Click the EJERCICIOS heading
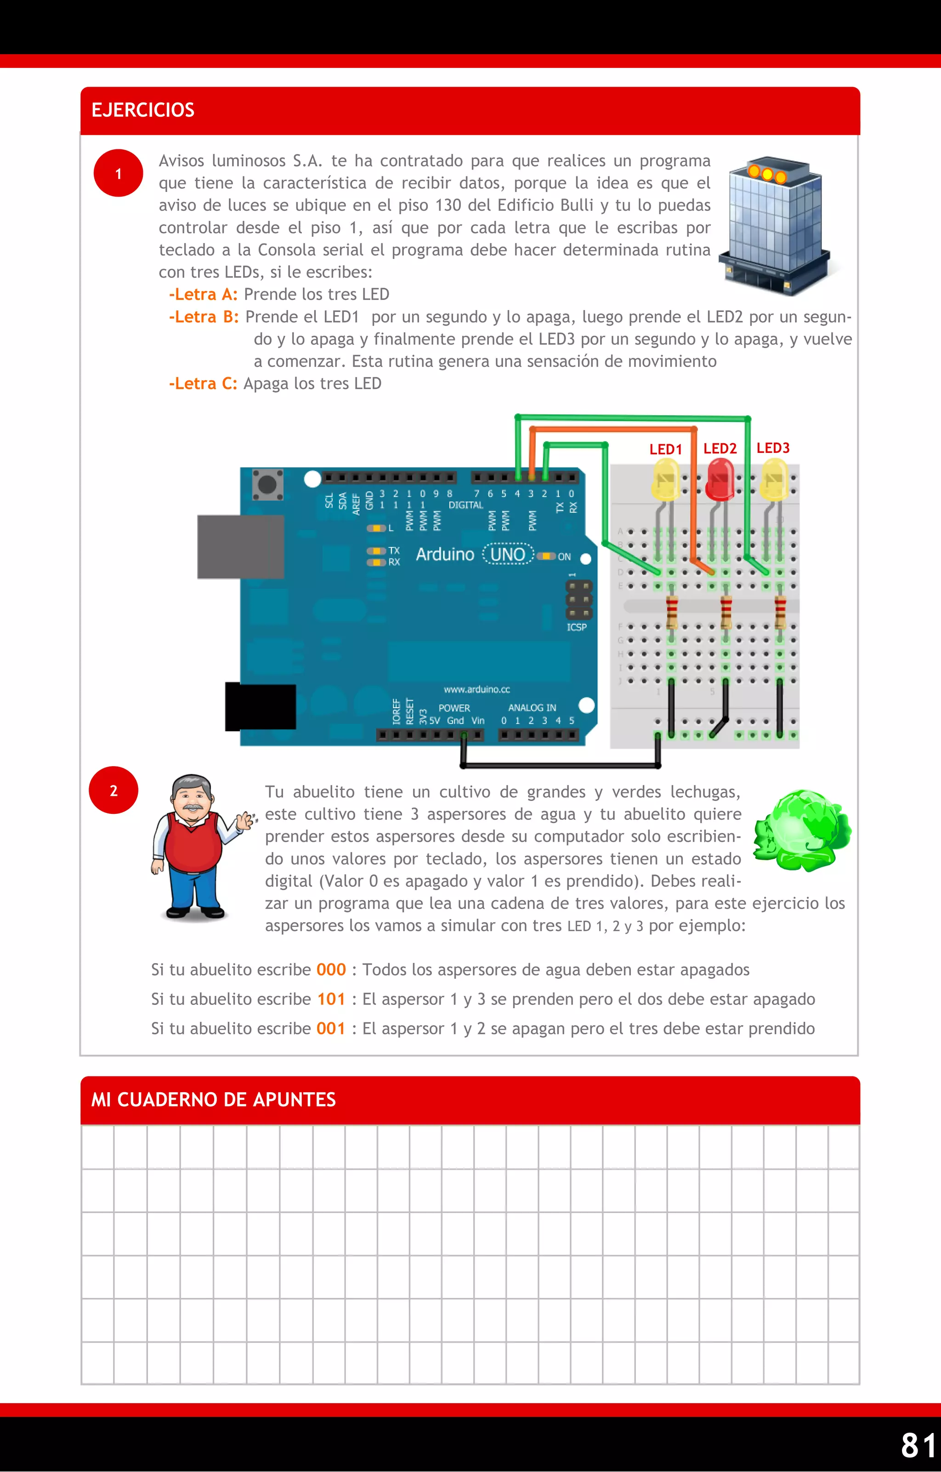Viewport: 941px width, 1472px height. (x=142, y=110)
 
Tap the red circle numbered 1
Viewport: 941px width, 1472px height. (x=118, y=174)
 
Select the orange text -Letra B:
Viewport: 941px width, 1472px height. (x=204, y=316)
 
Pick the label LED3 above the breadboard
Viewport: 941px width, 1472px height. (x=773, y=448)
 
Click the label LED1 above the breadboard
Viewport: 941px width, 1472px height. (x=665, y=449)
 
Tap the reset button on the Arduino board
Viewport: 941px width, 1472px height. (x=267, y=485)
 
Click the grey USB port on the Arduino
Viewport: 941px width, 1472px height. (x=240, y=547)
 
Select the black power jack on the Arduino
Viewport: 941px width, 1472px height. (x=261, y=707)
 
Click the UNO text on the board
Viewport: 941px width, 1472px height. (x=508, y=554)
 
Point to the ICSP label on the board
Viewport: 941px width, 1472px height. (x=577, y=627)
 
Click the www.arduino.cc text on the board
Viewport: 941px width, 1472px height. (x=476, y=689)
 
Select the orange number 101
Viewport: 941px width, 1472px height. (x=331, y=999)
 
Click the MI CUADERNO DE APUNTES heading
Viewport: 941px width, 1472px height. (x=213, y=1100)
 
